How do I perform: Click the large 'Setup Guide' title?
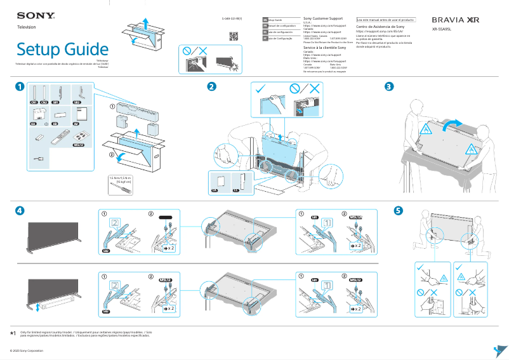pyautogui.click(x=62, y=49)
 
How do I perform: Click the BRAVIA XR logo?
pyautogui.click(x=455, y=20)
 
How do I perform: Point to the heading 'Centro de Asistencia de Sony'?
pyautogui.click(x=380, y=27)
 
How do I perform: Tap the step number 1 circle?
pyautogui.click(x=21, y=86)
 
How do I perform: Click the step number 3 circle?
pyautogui.click(x=390, y=86)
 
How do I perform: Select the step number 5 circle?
pyautogui.click(x=398, y=210)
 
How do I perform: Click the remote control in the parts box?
pyautogui.click(x=62, y=135)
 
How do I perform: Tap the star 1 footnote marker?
pyautogui.click(x=13, y=333)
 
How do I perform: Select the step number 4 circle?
pyautogui.click(x=21, y=210)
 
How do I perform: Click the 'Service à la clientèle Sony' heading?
pyautogui.click(x=324, y=48)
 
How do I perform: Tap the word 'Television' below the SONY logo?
pyautogui.click(x=26, y=27)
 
